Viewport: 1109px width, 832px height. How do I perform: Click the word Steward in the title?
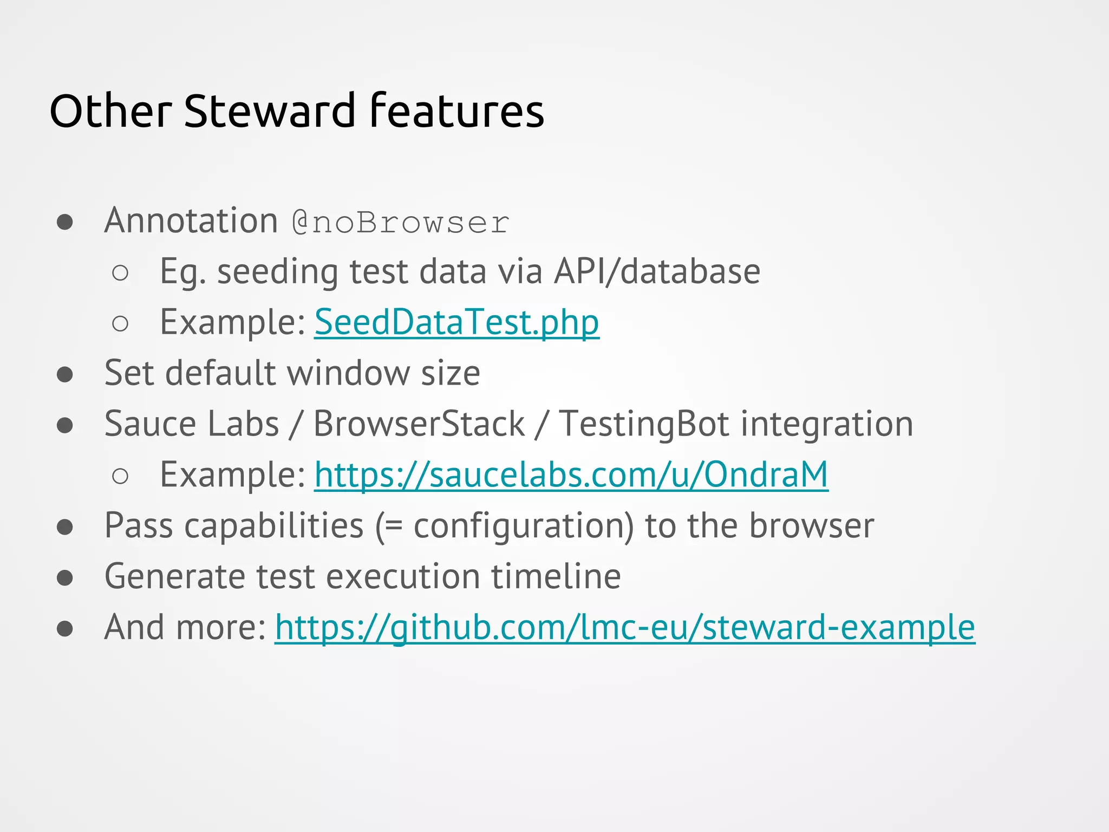pyautogui.click(x=269, y=111)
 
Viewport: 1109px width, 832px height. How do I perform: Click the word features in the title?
pyautogui.click(x=456, y=111)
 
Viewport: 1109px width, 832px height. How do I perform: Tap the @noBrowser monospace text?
pyautogui.click(x=401, y=223)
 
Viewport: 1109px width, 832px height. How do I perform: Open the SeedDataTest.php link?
pyautogui.click(x=456, y=322)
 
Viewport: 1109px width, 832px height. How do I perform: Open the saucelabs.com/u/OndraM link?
pyautogui.click(x=571, y=475)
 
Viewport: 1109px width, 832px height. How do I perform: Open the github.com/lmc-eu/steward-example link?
pyautogui.click(x=625, y=627)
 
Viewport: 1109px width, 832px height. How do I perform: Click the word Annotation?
pyautogui.click(x=191, y=221)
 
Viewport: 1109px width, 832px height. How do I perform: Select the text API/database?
pyautogui.click(x=657, y=271)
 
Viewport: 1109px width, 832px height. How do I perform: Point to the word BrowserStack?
pyautogui.click(x=419, y=424)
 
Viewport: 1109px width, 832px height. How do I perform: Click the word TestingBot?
pyautogui.click(x=644, y=424)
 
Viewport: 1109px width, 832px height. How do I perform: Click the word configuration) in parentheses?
pyautogui.click(x=524, y=526)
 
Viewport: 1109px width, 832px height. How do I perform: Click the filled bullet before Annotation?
pyautogui.click(x=65, y=222)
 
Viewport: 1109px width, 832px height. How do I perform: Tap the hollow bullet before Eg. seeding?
pyautogui.click(x=120, y=272)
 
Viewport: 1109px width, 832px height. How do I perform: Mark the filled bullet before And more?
pyautogui.click(x=65, y=628)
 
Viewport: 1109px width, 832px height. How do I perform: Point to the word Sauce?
pyautogui.click(x=150, y=424)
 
